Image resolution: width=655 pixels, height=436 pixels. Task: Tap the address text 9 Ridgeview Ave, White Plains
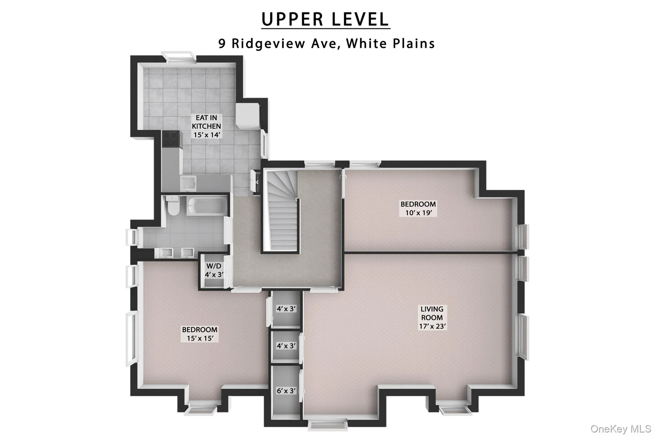point(326,43)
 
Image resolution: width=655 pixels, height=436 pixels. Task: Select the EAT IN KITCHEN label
point(206,126)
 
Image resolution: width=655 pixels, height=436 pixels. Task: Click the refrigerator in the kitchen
point(248,116)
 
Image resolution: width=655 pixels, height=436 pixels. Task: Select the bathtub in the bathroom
point(207,205)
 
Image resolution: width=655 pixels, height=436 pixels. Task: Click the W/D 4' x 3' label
point(214,270)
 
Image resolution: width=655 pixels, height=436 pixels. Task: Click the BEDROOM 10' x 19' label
point(418,208)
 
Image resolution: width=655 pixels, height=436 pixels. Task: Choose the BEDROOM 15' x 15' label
point(200,334)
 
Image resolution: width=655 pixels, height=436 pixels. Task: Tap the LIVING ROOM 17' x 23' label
point(432,317)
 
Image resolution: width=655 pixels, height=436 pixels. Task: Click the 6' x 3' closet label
point(286,391)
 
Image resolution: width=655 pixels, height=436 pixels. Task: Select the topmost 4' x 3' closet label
point(286,309)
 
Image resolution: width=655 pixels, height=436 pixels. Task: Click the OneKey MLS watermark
point(621,429)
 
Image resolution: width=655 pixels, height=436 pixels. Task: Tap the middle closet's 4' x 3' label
point(286,346)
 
